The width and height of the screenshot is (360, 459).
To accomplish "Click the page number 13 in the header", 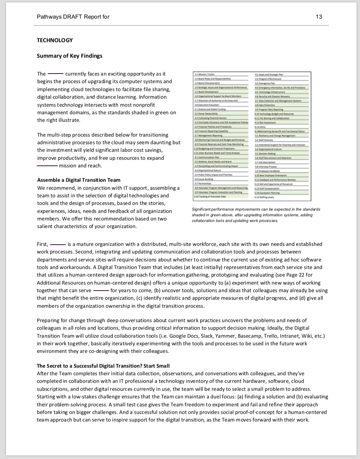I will point(319,17).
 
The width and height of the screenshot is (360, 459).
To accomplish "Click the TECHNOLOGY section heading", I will point(55,40).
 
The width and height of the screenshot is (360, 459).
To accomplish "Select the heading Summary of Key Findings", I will point(69,56).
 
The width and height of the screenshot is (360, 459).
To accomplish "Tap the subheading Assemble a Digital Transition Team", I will point(79,180).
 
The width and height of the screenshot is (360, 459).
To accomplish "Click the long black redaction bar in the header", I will point(169,17).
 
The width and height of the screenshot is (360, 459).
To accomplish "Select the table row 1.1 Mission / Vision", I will point(205,74).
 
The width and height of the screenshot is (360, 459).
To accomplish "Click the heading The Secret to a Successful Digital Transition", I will point(103,366).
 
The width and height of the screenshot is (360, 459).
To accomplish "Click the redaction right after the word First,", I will point(58,244).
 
